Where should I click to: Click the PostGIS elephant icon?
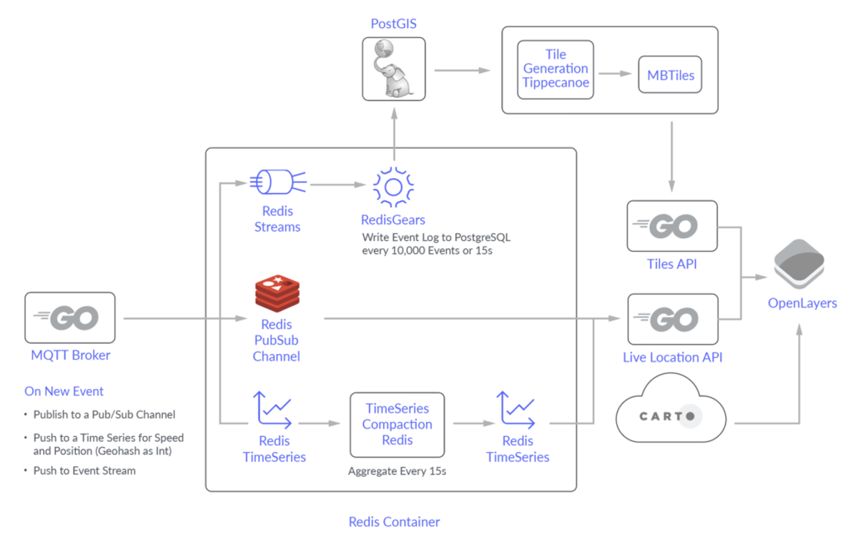point(393,69)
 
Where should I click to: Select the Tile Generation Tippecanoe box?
point(556,69)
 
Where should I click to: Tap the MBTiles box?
point(670,75)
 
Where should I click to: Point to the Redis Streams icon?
point(277,182)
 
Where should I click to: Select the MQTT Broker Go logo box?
point(70,317)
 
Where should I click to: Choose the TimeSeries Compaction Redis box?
point(397,424)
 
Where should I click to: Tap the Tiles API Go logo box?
point(671,226)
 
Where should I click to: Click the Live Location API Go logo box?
point(671,319)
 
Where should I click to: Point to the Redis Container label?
point(394,522)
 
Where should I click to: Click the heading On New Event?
point(64,391)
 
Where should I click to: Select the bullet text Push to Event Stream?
point(84,470)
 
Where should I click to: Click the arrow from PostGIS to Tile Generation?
point(462,70)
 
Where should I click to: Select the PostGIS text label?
point(393,24)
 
